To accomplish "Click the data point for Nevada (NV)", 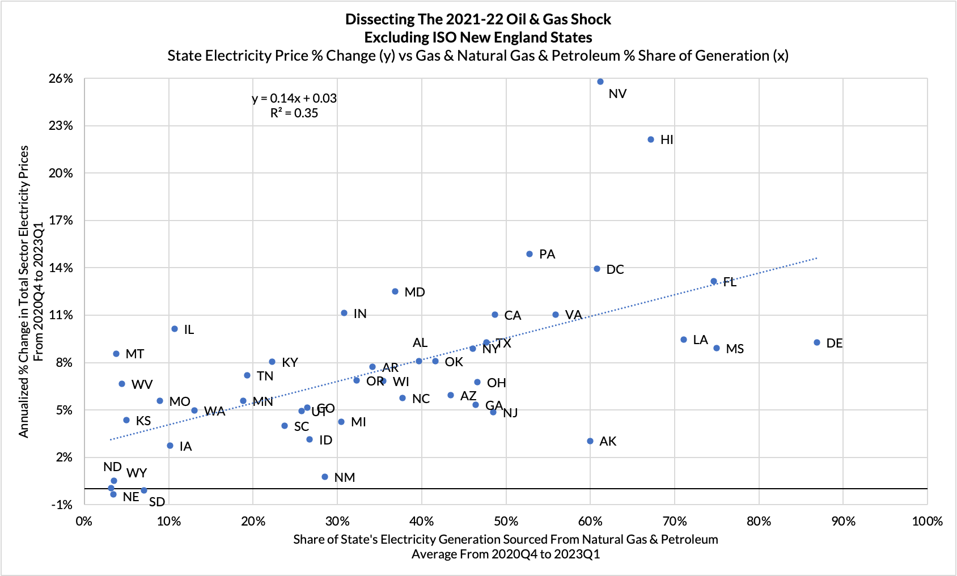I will [600, 82].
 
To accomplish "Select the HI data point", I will [651, 139].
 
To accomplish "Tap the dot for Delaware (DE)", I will [817, 342].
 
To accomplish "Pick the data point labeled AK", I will [590, 441].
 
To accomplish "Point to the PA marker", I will [530, 254].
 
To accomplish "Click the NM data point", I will [325, 477].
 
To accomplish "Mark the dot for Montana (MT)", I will [116, 354].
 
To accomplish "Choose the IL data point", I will [175, 329].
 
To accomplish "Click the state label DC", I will [615, 270].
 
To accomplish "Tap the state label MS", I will [735, 349].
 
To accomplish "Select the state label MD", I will [414, 293].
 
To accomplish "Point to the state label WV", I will [142, 385].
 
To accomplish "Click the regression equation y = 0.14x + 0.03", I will [294, 99].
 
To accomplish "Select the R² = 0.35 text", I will [294, 113].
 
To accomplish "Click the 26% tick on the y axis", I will [61, 79].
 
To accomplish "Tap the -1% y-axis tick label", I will [62, 505].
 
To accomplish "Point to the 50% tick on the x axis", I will [506, 522].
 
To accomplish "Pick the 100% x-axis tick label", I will [927, 522].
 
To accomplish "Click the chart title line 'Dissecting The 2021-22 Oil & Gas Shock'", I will [478, 19].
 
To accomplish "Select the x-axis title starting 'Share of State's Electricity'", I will [505, 540].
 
